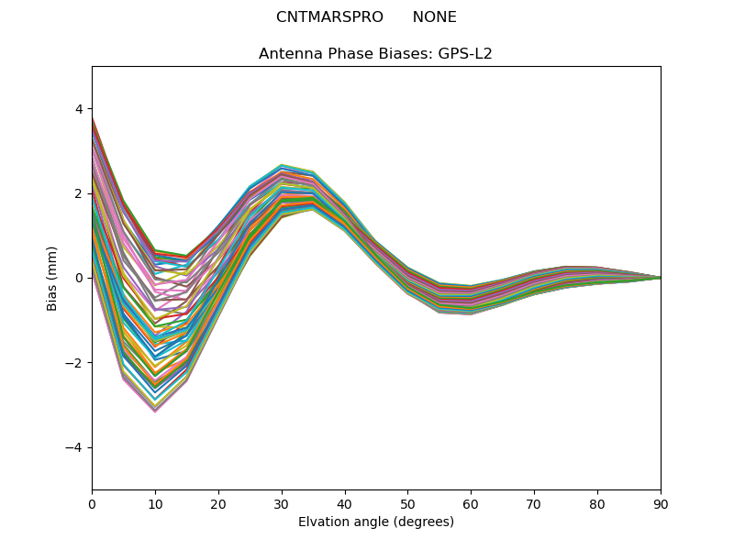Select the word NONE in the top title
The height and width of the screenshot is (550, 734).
[x=434, y=17]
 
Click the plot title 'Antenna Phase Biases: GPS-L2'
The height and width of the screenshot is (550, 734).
[x=375, y=54]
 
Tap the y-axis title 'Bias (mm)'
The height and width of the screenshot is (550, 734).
[x=52, y=278]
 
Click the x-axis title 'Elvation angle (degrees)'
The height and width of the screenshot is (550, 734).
[x=376, y=522]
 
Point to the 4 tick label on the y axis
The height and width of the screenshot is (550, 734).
[x=79, y=109]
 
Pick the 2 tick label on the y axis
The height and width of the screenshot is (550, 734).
[x=79, y=193]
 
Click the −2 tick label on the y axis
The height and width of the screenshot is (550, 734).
[x=75, y=363]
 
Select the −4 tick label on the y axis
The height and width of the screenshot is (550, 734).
[x=75, y=447]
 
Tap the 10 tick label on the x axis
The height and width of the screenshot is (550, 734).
[x=155, y=503]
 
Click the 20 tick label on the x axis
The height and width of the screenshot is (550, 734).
[x=218, y=503]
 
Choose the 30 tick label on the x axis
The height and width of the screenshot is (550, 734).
[x=282, y=503]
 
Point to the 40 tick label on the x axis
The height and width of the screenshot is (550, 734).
[x=345, y=503]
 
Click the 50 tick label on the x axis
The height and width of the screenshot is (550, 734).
[x=407, y=503]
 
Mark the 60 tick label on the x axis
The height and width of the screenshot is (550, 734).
[x=471, y=503]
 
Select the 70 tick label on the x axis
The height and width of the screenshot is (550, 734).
[x=534, y=503]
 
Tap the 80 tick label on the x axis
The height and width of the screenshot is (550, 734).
[x=597, y=503]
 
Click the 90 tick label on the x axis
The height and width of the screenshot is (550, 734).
[x=661, y=503]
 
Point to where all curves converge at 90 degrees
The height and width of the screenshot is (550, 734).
[x=660, y=278]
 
